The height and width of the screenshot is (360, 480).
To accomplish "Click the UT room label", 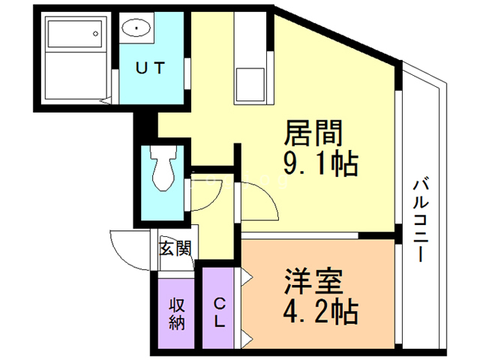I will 151,65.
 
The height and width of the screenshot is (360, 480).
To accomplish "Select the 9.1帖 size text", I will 319,163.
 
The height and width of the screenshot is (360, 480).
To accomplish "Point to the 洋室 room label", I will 313,281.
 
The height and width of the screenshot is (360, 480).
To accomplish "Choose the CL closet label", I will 220,313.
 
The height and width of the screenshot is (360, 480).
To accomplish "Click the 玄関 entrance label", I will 174,247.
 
